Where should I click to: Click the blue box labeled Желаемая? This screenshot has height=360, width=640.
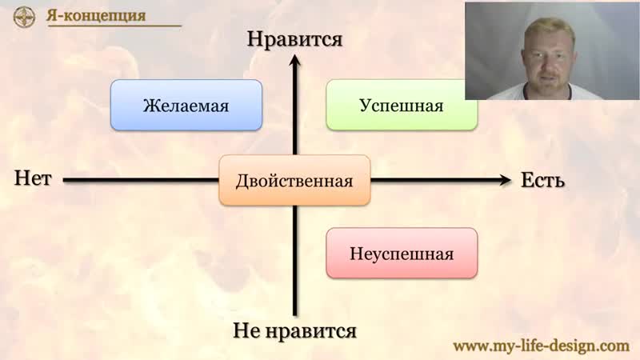pos(186,106)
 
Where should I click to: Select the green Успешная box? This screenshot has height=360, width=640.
pos(402,106)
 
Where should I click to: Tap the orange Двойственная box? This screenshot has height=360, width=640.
pos(294,181)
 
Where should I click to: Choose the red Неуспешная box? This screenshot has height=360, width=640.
pos(402,254)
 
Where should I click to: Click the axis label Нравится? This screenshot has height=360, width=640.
pos(294,39)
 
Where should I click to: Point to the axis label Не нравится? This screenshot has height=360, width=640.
pos(294,330)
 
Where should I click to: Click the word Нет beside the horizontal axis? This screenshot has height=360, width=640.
pos(33,178)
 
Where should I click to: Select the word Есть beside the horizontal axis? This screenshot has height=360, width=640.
pos(543,180)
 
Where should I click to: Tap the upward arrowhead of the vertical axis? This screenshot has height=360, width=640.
pos(294,61)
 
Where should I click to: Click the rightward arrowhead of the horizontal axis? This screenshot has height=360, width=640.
pos(506,180)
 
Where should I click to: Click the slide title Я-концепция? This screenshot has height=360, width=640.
pos(96,15)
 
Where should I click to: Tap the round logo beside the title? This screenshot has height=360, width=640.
pos(24,17)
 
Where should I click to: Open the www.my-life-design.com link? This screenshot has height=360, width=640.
pos(542,346)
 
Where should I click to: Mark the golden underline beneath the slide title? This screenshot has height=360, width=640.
pos(114,26)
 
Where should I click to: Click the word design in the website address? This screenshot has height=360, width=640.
pos(574,346)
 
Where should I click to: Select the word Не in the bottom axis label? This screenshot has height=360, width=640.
pos(247,330)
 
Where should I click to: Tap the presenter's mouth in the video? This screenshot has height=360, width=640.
pos(549,76)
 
